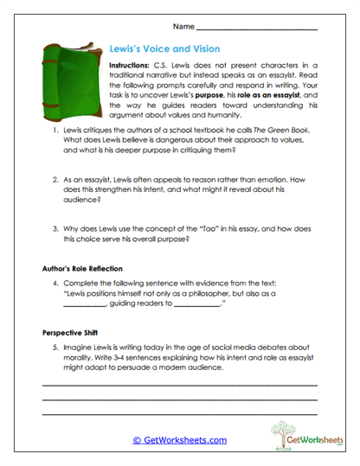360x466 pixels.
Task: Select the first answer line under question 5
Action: click(x=179, y=384)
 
